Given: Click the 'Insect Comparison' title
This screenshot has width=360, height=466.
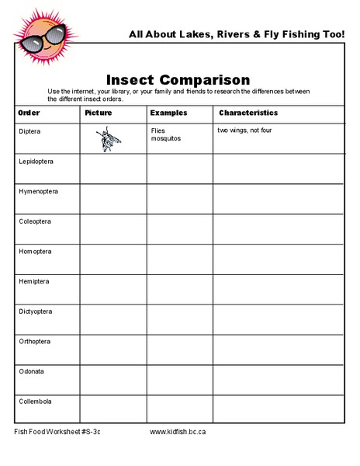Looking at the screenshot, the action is point(178,80).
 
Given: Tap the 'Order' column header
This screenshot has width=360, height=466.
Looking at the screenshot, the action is point(29,113).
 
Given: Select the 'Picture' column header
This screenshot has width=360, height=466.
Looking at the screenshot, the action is point(98,113).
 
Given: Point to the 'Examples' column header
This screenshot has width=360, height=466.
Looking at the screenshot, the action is point(168,113).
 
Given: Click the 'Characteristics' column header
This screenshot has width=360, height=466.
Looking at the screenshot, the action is point(247,113).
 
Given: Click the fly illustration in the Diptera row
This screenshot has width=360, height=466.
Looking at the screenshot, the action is point(108,141).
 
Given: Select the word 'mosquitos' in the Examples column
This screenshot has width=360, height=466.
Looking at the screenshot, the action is point(166,138).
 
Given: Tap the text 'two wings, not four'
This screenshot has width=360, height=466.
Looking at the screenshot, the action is point(244,130).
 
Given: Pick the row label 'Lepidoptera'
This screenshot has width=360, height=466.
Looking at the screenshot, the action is point(36,161).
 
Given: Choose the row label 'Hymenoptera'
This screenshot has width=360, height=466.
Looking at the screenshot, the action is point(38,191).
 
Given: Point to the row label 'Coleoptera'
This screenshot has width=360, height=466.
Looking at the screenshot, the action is point(35,221).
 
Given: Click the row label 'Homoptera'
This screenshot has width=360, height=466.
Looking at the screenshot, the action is point(35,252).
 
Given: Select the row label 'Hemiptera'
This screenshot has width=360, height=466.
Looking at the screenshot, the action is point(33,281).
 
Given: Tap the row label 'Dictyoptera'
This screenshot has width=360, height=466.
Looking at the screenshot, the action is point(36,311).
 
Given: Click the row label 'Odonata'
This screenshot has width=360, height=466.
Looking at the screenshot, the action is point(31,371).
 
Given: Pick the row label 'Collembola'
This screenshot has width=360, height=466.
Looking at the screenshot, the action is point(35,401).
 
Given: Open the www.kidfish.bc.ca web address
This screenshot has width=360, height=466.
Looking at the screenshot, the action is point(177,432).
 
